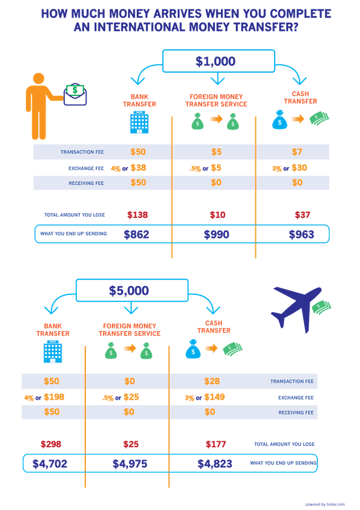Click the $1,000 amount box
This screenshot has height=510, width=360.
click(218, 61)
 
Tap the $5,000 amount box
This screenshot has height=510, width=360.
click(130, 290)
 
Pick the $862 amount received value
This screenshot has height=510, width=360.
click(136, 234)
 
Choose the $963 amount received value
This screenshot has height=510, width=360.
click(301, 234)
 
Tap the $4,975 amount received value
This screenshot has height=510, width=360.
click(130, 463)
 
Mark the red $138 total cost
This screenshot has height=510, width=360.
click(137, 215)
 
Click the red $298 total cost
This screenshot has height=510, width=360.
click(51, 444)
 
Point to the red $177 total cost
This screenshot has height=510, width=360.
click(215, 444)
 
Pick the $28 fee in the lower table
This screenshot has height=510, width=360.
click(212, 381)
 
